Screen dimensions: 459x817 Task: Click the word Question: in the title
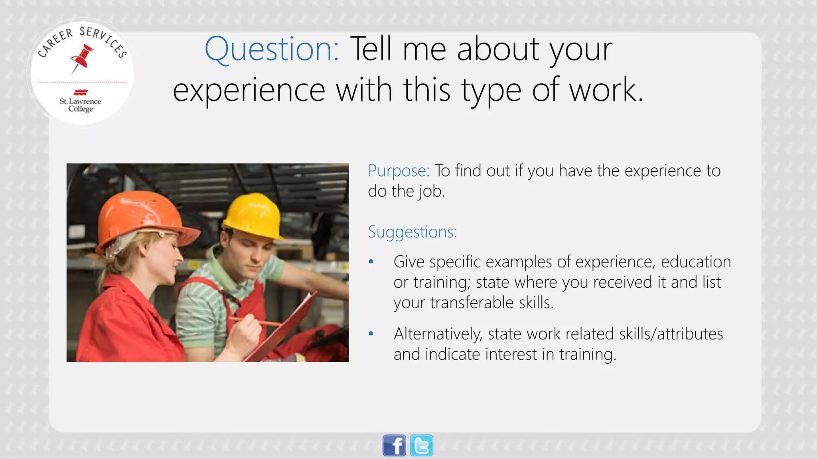(x=272, y=49)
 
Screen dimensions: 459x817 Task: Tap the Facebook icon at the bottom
(x=394, y=445)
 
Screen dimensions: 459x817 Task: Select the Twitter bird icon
(x=422, y=445)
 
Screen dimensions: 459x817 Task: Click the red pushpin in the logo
(x=83, y=58)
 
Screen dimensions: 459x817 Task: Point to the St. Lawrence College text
(x=80, y=105)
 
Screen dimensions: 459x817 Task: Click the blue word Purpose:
(x=399, y=171)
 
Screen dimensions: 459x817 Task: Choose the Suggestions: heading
(x=412, y=232)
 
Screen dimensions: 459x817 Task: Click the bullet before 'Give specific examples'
(x=371, y=262)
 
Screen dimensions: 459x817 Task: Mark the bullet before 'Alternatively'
(x=371, y=334)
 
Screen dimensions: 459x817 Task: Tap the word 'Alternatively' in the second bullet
(x=438, y=334)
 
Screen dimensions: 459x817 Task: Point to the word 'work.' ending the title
(x=606, y=90)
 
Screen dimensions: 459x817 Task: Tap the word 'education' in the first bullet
(x=696, y=262)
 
